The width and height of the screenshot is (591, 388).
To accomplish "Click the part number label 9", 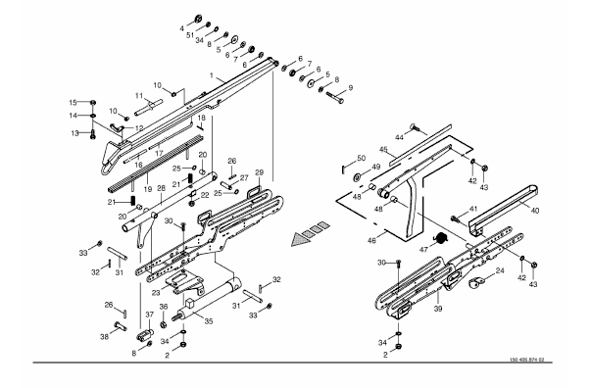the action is tap(351, 88).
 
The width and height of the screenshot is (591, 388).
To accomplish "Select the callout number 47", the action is tap(423, 250).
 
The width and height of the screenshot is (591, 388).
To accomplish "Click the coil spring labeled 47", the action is tap(440, 238).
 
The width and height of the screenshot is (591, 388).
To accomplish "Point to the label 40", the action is tap(535, 211).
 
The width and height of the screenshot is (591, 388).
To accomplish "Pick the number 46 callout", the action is tap(371, 240).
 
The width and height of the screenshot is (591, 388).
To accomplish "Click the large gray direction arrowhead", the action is tap(301, 239).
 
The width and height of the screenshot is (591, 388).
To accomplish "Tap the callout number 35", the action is tap(209, 321).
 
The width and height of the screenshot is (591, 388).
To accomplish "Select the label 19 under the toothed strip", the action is tap(148, 189).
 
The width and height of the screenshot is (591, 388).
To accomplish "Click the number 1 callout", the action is tap(212, 75).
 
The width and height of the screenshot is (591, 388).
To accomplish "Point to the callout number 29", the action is tap(260, 172).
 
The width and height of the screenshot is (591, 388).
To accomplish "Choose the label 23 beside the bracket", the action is tap(156, 291).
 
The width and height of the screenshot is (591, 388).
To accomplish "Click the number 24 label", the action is tap(500, 270).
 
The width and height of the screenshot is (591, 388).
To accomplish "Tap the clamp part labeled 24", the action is tap(475, 283).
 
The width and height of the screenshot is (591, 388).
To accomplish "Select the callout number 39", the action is tap(437, 309).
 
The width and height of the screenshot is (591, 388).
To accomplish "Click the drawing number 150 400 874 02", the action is tap(527, 360).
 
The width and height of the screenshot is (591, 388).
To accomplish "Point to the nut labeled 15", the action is tap(93, 103).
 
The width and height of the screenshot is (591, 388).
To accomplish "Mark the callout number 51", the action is tap(190, 35).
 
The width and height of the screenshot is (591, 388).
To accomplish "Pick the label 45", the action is tap(383, 150).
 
